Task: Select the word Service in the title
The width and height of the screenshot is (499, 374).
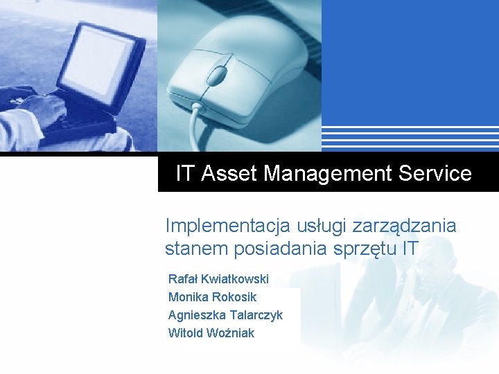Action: coord(435,173)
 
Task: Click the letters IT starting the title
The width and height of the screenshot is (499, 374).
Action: coord(185,173)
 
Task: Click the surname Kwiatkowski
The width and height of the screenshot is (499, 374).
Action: coord(234,279)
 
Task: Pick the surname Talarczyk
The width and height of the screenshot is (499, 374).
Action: coord(256,315)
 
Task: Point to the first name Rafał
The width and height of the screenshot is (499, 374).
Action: coord(183,279)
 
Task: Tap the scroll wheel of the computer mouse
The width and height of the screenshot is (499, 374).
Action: coord(218,72)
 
